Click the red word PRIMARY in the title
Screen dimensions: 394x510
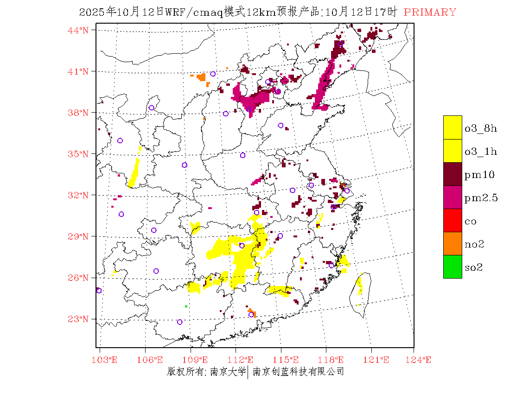430,13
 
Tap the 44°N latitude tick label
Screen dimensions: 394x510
78,30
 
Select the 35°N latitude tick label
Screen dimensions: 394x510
78,154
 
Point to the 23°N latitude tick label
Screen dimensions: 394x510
78,319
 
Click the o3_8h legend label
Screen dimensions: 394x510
480,128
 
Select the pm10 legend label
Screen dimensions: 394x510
479,175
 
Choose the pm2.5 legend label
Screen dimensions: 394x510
481,198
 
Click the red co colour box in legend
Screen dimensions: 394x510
453,220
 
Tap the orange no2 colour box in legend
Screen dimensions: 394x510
453,243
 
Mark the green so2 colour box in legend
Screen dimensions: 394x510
453,267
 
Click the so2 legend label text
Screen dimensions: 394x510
473,267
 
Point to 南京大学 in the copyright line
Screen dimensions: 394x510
227,371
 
